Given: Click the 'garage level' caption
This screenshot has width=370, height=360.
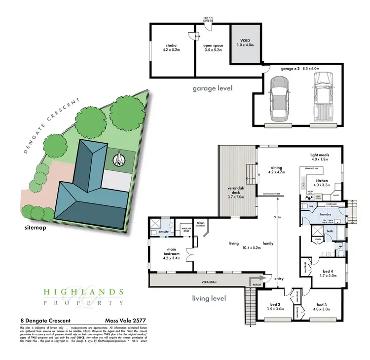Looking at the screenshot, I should click(x=213, y=89).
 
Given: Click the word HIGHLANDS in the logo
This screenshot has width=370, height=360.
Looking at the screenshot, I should click(x=83, y=292).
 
